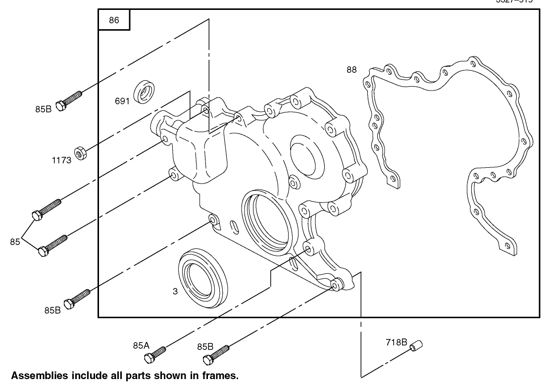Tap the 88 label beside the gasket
[351, 70]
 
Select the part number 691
[122, 101]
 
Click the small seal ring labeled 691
[146, 92]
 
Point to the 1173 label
[63, 160]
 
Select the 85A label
[141, 345]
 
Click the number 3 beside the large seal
[175, 291]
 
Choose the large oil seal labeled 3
[203, 280]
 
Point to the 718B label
[397, 341]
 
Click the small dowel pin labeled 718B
[415, 345]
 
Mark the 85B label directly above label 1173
[44, 109]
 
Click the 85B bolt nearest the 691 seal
[69, 101]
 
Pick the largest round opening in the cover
[266, 220]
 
